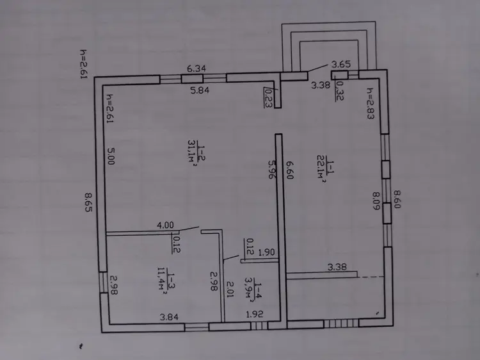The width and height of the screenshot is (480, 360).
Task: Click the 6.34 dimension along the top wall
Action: click(196, 69)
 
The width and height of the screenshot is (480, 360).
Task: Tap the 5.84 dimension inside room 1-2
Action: click(200, 90)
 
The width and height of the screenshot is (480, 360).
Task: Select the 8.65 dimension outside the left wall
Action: click(89, 202)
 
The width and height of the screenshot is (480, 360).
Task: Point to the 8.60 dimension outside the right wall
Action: click(397, 199)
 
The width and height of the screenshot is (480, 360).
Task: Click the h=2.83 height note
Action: click(371, 104)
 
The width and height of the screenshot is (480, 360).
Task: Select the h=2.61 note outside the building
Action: click(84, 64)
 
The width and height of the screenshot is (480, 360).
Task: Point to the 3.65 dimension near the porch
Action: click(341, 64)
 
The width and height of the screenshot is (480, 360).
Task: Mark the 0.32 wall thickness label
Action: click(339, 91)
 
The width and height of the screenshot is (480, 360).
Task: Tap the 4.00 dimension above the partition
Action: click(165, 225)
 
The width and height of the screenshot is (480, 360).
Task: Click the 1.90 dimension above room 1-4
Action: click(267, 252)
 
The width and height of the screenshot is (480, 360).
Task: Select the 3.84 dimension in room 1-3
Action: click(169, 317)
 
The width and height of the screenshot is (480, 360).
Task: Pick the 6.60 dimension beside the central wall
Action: click(289, 170)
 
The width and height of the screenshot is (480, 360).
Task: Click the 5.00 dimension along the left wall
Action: click(111, 156)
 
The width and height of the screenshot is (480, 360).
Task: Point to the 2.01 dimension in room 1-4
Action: click(230, 289)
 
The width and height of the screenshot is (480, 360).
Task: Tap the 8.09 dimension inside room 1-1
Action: click(376, 201)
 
